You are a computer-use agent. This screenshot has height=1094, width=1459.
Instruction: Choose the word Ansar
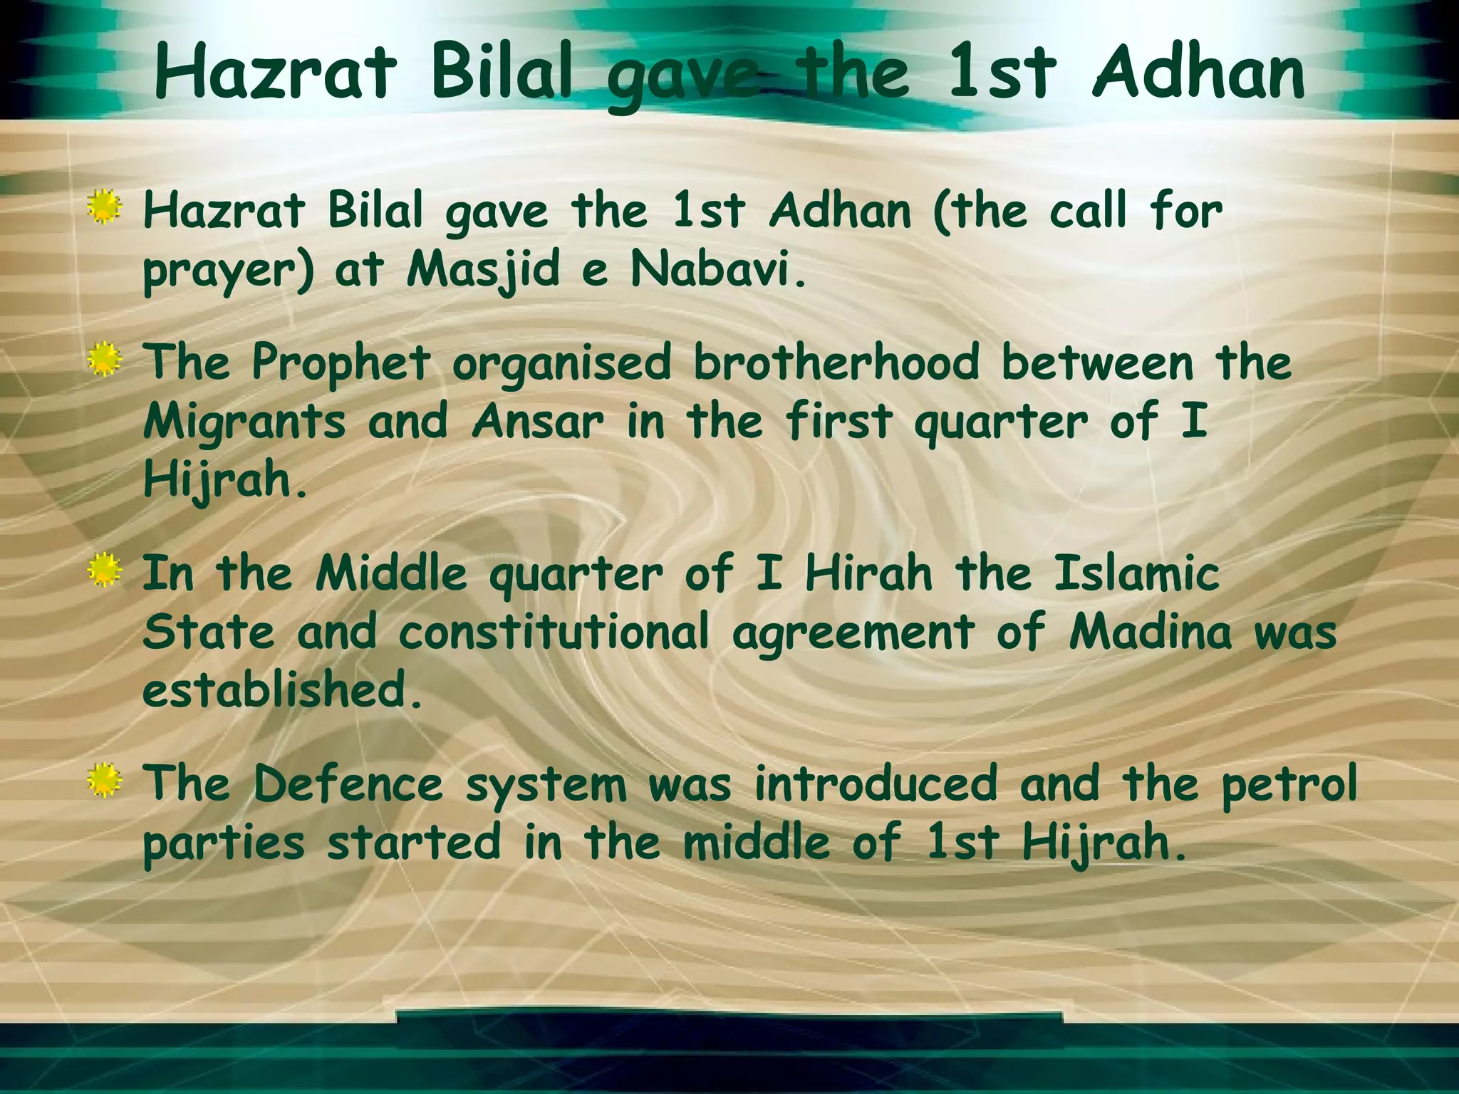[537, 422]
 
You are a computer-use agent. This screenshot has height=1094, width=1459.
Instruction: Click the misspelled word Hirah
[868, 574]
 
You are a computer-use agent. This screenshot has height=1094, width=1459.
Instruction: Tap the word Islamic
[1137, 574]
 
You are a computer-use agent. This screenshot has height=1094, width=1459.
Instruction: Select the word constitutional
[554, 632]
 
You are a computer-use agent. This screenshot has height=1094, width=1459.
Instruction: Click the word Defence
[348, 785]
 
